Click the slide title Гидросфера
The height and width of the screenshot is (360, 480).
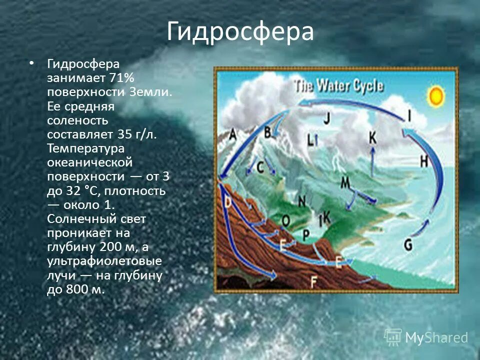pos(240,32)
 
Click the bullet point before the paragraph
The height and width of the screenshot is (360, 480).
pos(32,64)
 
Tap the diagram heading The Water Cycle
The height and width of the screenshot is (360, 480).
pos(338,85)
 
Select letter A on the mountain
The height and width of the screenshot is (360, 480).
pos(233,135)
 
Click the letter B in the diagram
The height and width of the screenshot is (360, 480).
pos(267,132)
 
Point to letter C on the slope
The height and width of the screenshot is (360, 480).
pos(260,167)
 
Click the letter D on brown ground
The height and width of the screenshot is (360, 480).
pos(228,202)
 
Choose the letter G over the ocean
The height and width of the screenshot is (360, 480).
pos(408,244)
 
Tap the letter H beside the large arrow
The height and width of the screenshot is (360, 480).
pos(424,160)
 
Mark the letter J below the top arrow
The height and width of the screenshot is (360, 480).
pos(326,118)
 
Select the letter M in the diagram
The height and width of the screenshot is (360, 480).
pos(345,183)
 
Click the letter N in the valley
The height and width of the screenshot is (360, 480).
pos(302,201)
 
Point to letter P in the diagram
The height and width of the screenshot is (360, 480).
pos(306,235)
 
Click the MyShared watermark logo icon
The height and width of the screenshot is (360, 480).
pos(393,337)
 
